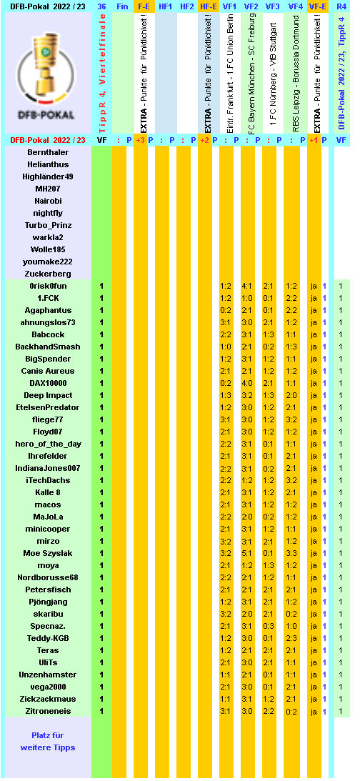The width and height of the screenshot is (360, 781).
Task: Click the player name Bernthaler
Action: (48, 152)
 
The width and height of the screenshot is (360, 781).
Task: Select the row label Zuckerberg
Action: (48, 274)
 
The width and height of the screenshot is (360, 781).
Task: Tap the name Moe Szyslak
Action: (48, 553)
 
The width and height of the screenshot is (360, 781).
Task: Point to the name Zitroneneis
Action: (48, 711)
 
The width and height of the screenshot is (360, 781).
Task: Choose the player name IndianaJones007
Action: (48, 468)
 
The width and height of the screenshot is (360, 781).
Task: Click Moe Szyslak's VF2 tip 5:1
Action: (247, 553)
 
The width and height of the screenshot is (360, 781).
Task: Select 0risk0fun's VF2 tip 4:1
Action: (247, 286)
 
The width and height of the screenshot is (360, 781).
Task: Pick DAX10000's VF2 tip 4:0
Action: (247, 383)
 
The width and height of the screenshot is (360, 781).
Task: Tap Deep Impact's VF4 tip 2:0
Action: (291, 395)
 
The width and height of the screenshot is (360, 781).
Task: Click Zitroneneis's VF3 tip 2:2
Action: (269, 711)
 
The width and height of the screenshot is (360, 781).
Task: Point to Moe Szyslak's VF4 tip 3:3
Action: (291, 553)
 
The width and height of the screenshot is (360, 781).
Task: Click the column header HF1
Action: (165, 6)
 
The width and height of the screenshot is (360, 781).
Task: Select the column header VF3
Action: (272, 6)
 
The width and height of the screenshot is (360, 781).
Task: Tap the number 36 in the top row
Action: (102, 6)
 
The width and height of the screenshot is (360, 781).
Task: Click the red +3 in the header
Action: (140, 140)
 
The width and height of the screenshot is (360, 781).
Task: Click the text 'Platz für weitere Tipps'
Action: (48, 741)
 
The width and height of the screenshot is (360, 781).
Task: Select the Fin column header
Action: (122, 6)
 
